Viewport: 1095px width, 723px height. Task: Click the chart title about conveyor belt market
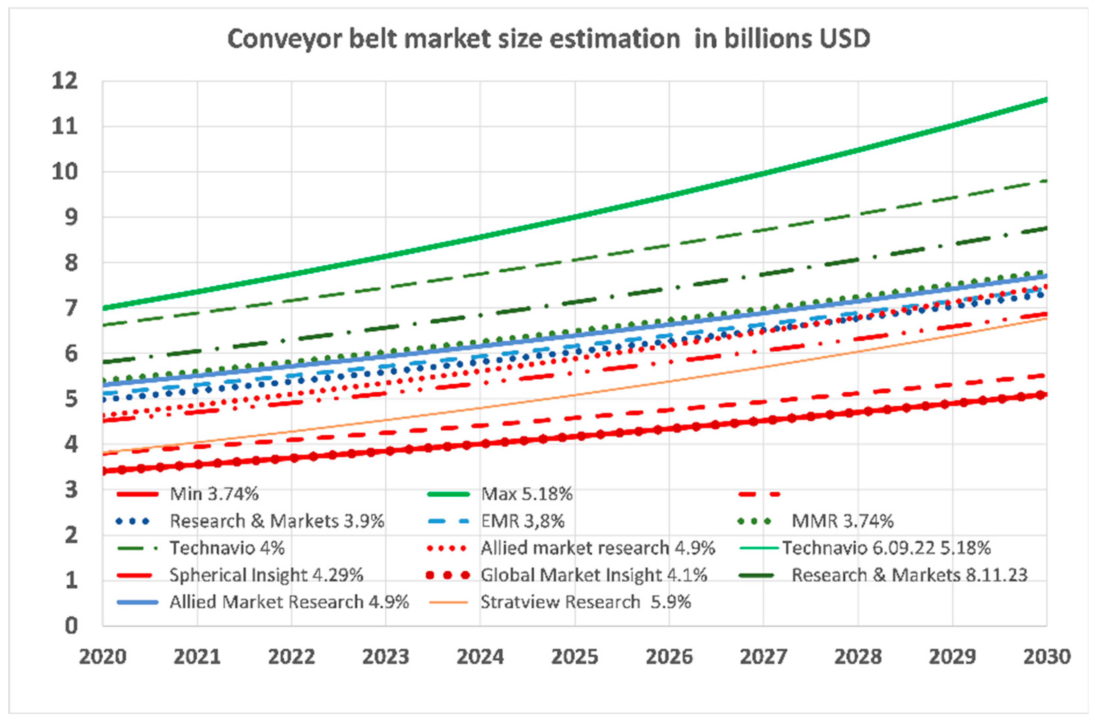click(549, 39)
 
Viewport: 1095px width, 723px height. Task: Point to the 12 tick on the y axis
click(65, 81)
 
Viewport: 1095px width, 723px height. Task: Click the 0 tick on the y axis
click(71, 626)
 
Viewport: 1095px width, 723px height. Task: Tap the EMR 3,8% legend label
click(522, 521)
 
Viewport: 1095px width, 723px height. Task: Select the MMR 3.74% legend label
click(842, 521)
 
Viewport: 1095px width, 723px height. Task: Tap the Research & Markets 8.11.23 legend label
click(909, 575)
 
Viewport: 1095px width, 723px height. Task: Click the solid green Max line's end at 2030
click(1046, 100)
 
